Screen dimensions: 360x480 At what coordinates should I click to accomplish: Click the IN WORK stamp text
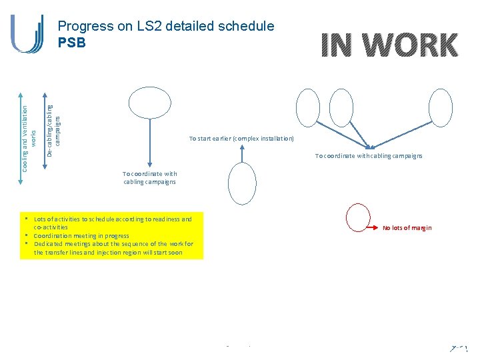[389, 45]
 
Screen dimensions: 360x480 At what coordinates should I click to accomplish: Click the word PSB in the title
[72, 41]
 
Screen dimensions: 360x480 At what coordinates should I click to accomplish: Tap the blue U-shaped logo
[27, 33]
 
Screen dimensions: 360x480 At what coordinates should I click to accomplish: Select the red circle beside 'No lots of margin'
[358, 219]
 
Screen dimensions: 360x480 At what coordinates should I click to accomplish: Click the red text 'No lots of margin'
[407, 228]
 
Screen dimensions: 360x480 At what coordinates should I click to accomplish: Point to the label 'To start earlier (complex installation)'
[241, 139]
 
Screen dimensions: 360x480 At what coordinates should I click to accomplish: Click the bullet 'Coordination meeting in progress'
[81, 235]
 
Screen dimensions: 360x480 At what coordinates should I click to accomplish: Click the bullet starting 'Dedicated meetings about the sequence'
[113, 248]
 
